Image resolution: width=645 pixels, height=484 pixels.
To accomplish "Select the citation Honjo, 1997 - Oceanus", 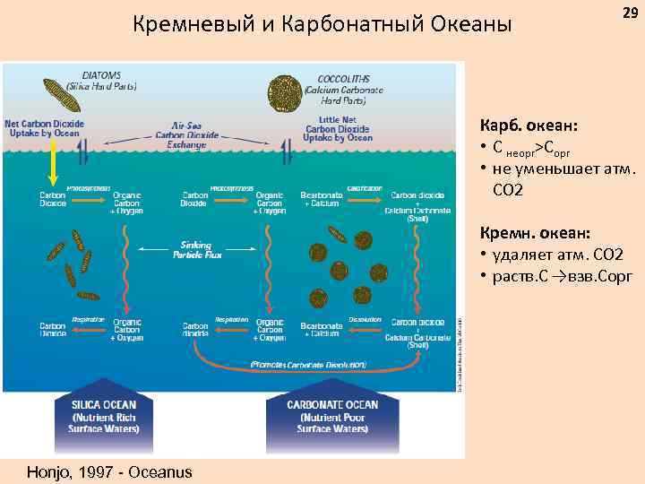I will click(103, 471).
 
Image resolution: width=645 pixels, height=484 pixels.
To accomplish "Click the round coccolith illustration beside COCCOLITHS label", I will click(283, 91).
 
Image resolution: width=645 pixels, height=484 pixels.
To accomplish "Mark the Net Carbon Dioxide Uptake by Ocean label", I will click(45, 128).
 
